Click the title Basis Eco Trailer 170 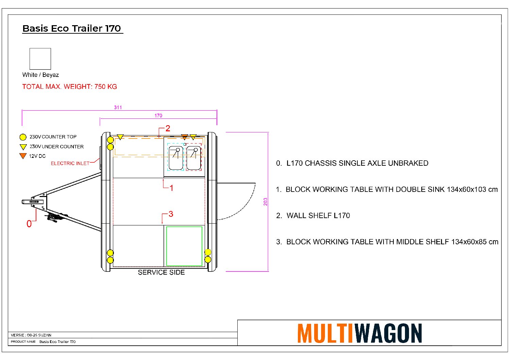click(72, 29)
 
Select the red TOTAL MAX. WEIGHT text click(70, 87)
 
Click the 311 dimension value click(118, 107)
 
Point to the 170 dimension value click(158, 116)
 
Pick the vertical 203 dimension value click(266, 202)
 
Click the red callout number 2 click(168, 129)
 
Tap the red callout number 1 click(172, 188)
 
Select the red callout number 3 click(171, 214)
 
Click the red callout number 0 click(29, 224)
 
